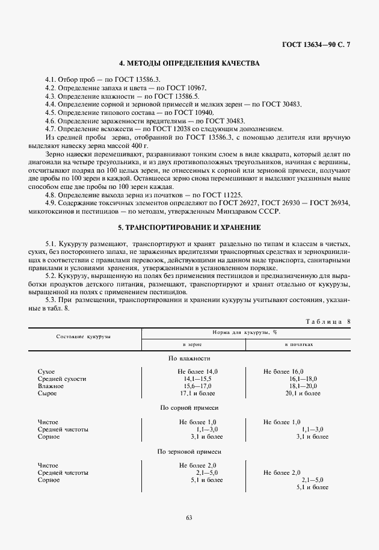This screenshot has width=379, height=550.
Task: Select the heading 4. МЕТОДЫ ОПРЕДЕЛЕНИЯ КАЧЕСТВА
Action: pos(189,64)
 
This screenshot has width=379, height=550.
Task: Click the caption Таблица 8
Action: pos(328,321)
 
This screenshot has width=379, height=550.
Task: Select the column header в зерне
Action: pos(193,344)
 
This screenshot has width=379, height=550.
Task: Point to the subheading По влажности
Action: pos(189,359)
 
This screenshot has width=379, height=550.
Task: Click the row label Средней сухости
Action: pos(62,379)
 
